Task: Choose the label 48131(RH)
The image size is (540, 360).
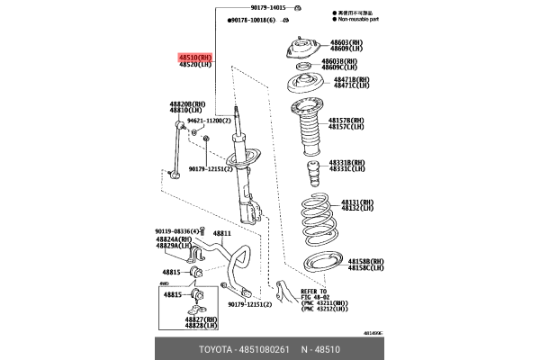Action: (358, 202)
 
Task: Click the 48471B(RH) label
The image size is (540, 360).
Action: (351, 79)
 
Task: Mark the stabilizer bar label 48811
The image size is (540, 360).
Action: (222, 233)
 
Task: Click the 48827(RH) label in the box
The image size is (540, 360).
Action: (201, 318)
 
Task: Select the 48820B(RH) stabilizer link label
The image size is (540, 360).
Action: (189, 103)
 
